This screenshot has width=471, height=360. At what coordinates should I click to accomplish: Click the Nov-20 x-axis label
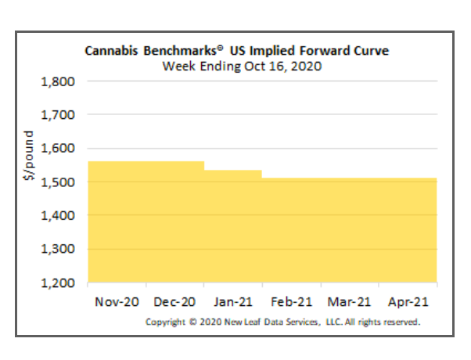point(116,302)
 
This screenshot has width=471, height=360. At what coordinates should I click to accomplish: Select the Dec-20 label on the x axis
point(174,302)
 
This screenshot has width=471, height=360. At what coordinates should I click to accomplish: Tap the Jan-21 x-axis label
point(232,302)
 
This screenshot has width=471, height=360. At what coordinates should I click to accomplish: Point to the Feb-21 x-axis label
point(290,302)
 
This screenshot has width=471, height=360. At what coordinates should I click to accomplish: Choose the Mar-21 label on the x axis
point(349,302)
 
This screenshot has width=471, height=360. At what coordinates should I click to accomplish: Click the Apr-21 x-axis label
point(407,302)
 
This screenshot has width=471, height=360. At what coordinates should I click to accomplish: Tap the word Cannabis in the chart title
point(110,51)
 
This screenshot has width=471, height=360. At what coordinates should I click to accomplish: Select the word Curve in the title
point(372,51)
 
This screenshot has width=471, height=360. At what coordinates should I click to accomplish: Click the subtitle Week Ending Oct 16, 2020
point(242,66)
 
